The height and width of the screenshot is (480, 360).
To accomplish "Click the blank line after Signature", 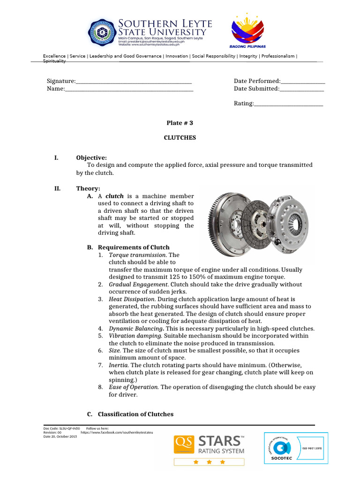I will pos(134,82).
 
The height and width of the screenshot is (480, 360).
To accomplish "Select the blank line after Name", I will pos(129,89).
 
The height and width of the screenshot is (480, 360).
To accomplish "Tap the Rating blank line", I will pos(289,104).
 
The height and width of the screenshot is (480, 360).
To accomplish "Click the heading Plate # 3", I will pos(180,123).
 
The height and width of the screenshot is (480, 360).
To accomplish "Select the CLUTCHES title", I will pos(180,138).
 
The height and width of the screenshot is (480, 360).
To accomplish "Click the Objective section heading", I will pos(91,157).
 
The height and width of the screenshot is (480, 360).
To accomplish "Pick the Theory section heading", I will pos(88,188).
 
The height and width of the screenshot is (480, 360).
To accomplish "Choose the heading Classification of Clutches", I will pos(135,414).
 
